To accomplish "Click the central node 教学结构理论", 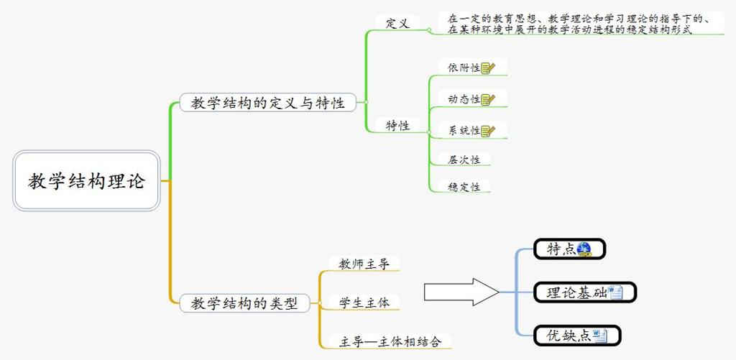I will (86, 180).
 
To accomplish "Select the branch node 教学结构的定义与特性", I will (267, 103).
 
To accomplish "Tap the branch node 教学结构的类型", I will (244, 303).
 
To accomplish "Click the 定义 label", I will (397, 23).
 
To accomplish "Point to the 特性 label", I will (397, 125).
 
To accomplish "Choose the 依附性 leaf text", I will (464, 68).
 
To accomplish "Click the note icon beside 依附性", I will (488, 68).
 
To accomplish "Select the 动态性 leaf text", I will (464, 99).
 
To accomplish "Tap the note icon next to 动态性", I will (488, 99).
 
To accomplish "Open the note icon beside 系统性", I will (488, 130).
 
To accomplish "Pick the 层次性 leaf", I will (464, 160).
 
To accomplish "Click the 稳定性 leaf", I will (464, 187).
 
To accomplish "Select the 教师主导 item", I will (364, 264).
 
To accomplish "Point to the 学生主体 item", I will (364, 303).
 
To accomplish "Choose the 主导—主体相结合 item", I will (385, 341).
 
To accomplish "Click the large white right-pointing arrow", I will (461, 292).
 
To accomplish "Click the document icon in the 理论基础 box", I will (615, 292).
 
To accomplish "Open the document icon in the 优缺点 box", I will (600, 336).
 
